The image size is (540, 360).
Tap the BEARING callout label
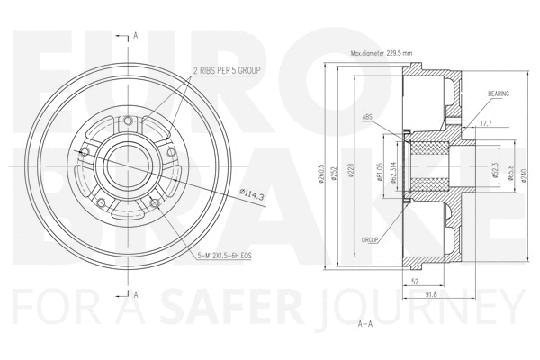499,94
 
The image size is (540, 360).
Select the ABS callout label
368,116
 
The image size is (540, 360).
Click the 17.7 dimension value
486,123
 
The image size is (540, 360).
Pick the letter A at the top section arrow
135,35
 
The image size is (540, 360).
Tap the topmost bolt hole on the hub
143,123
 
